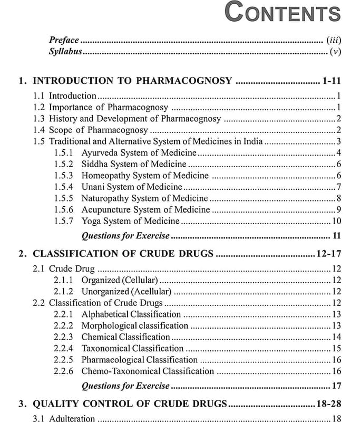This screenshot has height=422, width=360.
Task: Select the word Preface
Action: coord(64,40)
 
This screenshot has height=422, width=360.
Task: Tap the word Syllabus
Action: coord(66,51)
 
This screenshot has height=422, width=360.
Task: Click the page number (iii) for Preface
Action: coord(333,40)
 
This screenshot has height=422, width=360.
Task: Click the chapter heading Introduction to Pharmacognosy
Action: coord(132,81)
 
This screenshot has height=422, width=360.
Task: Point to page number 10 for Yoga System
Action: coord(337,221)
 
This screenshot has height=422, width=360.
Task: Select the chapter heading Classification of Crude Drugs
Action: coord(123,254)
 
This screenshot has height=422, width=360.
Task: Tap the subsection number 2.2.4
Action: coord(63,348)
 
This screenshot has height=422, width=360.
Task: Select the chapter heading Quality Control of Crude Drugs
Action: coord(130,404)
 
